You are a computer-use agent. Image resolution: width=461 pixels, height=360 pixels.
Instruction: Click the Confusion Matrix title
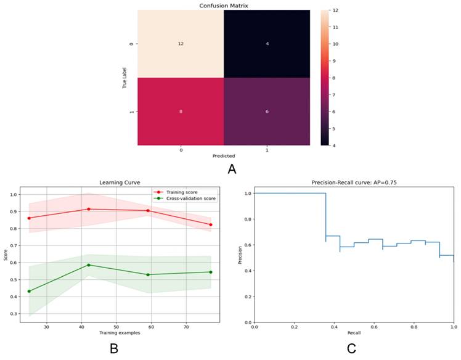[222, 6]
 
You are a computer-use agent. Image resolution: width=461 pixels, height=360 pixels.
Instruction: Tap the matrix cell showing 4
[266, 43]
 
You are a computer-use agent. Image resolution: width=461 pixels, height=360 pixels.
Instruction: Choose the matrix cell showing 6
[266, 112]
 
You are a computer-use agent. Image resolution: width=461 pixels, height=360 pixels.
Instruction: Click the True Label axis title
[124, 78]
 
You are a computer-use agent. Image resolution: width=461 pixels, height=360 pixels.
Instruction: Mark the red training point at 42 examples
[89, 209]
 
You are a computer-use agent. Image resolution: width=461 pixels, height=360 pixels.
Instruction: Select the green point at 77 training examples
[210, 272]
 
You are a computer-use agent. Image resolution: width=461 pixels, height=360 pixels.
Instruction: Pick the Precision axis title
[240, 255]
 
